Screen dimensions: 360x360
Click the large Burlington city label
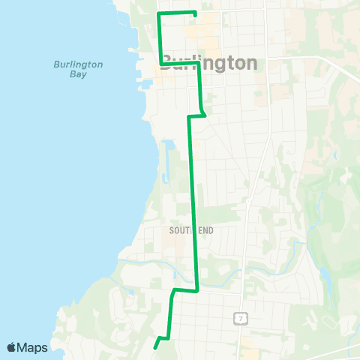point(209,63)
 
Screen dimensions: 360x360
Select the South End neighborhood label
point(191,230)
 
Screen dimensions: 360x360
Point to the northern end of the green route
point(195,13)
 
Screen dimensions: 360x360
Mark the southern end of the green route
point(155,347)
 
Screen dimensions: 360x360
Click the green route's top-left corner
point(159,13)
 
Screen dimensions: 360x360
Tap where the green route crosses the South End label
point(194,230)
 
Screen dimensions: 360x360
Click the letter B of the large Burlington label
point(169,63)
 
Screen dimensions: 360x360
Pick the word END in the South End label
point(205,230)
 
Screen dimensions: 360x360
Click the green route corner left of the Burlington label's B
point(160,67)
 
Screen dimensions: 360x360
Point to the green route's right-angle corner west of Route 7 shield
point(196,290)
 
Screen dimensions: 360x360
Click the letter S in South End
point(172,230)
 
